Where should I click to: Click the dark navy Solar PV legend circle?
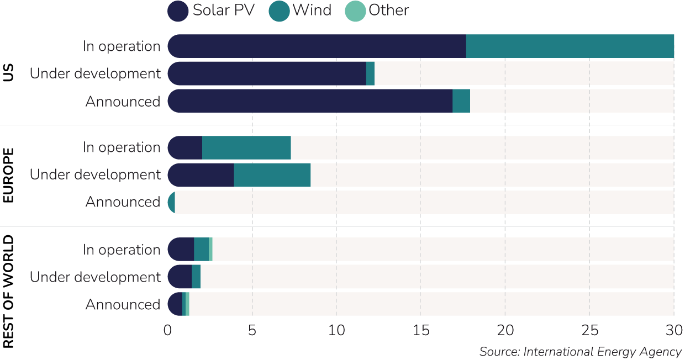[178, 12]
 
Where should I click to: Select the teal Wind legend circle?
[280, 12]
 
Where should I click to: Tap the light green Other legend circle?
[355, 12]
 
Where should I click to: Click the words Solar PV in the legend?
[224, 11]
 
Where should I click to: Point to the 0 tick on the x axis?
[168, 330]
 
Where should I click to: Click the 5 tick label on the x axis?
[252, 330]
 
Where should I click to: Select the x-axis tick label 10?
[336, 330]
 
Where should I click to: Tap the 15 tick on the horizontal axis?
[421, 330]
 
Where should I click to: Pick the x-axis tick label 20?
[505, 330]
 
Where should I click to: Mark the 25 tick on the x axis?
[589, 330]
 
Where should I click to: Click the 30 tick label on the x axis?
[673, 330]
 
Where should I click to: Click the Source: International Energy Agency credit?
[581, 352]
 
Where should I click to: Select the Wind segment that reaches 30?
[570, 46]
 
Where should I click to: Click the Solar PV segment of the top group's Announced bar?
[310, 101]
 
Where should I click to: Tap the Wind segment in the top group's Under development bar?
[370, 73]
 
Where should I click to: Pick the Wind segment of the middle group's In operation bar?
[246, 147]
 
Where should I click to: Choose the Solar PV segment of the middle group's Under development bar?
[201, 174]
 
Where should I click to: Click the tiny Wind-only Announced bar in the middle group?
[171, 202]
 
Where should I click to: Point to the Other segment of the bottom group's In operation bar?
[210, 250]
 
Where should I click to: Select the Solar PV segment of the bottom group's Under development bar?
[180, 277]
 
